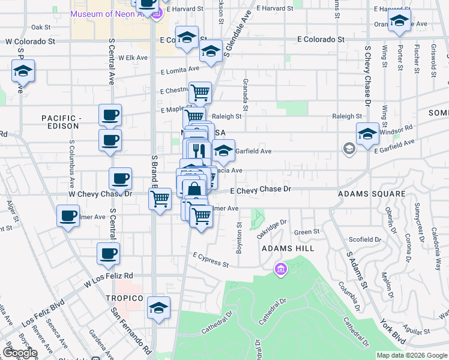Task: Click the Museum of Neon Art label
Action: tap(109, 14)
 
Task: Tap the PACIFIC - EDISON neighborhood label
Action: tap(60, 122)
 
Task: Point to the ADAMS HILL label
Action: tap(295, 248)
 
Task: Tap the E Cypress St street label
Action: tap(211, 261)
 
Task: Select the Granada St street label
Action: tap(246, 89)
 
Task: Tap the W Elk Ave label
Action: tap(133, 58)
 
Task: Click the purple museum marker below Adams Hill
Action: tap(280, 271)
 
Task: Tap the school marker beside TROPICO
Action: tap(158, 308)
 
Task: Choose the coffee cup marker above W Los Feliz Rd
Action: tap(108, 254)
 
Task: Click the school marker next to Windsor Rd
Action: tap(367, 134)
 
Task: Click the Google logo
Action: tap(20, 353)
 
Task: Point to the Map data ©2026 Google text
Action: tap(411, 355)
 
